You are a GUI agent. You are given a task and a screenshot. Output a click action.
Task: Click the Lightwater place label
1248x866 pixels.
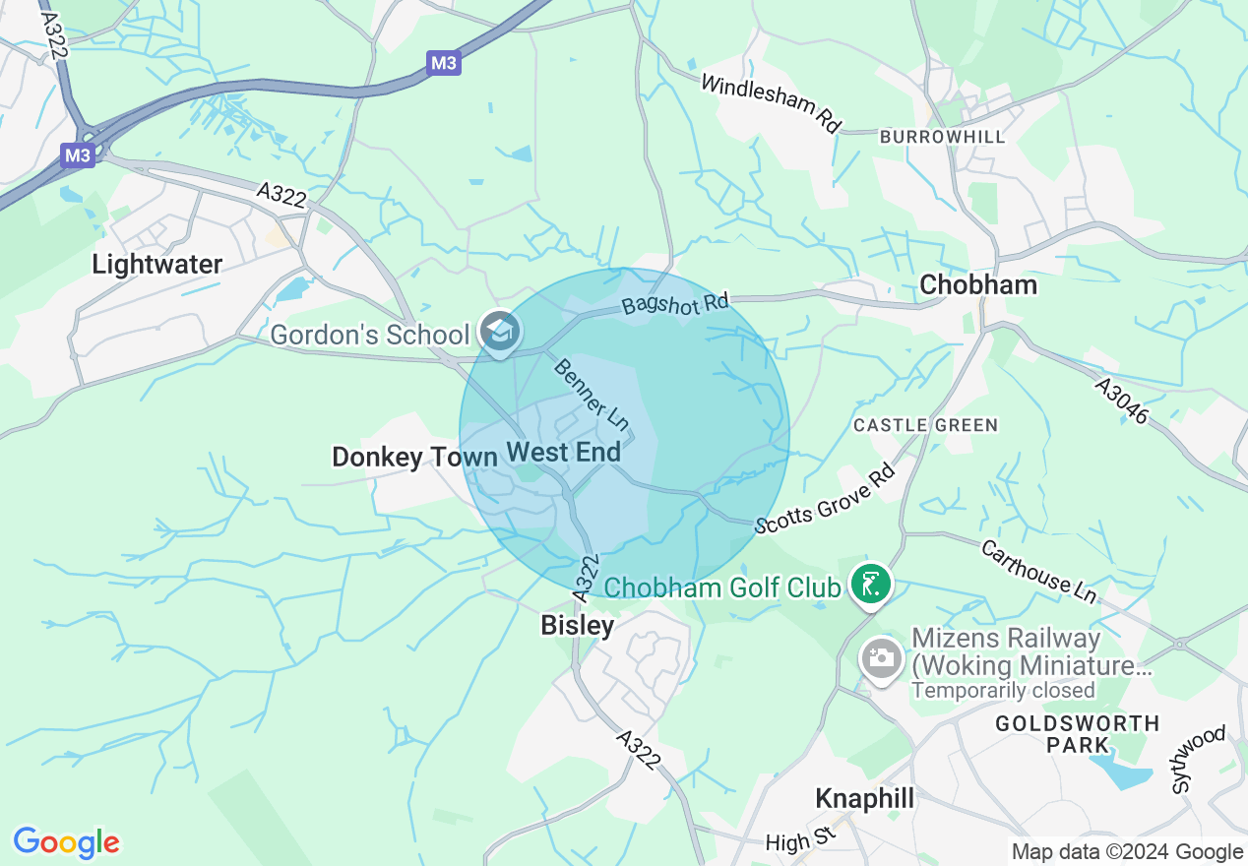[156, 264]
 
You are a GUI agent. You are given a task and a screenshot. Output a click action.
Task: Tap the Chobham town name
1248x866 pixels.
[977, 284]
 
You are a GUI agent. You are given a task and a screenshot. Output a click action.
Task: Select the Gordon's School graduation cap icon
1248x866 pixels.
[500, 334]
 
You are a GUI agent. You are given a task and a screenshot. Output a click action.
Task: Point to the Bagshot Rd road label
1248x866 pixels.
[675, 303]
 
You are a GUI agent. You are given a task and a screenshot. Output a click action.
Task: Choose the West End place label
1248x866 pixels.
[563, 452]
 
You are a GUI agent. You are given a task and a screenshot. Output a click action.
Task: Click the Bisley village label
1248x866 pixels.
[578, 625]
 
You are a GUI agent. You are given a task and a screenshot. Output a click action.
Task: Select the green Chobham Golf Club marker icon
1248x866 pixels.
[870, 586]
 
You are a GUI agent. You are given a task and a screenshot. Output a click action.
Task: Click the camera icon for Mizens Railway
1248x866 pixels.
[881, 657]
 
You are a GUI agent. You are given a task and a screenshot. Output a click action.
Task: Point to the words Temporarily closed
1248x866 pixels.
[1003, 690]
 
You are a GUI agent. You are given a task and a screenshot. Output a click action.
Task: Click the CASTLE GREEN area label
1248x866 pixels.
[925, 425]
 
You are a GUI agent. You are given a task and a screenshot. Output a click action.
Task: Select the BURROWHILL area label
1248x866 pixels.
[943, 137]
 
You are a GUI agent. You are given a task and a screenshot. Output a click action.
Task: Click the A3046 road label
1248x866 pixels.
[1122, 402]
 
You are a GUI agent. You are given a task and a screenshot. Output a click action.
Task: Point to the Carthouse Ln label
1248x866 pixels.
[1037, 571]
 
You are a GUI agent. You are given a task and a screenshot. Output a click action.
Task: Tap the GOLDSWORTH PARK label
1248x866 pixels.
[1078, 734]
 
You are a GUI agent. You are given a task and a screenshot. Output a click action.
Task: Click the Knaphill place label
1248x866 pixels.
[865, 798]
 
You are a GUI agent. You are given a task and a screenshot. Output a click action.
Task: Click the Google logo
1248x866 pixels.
[66, 842]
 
